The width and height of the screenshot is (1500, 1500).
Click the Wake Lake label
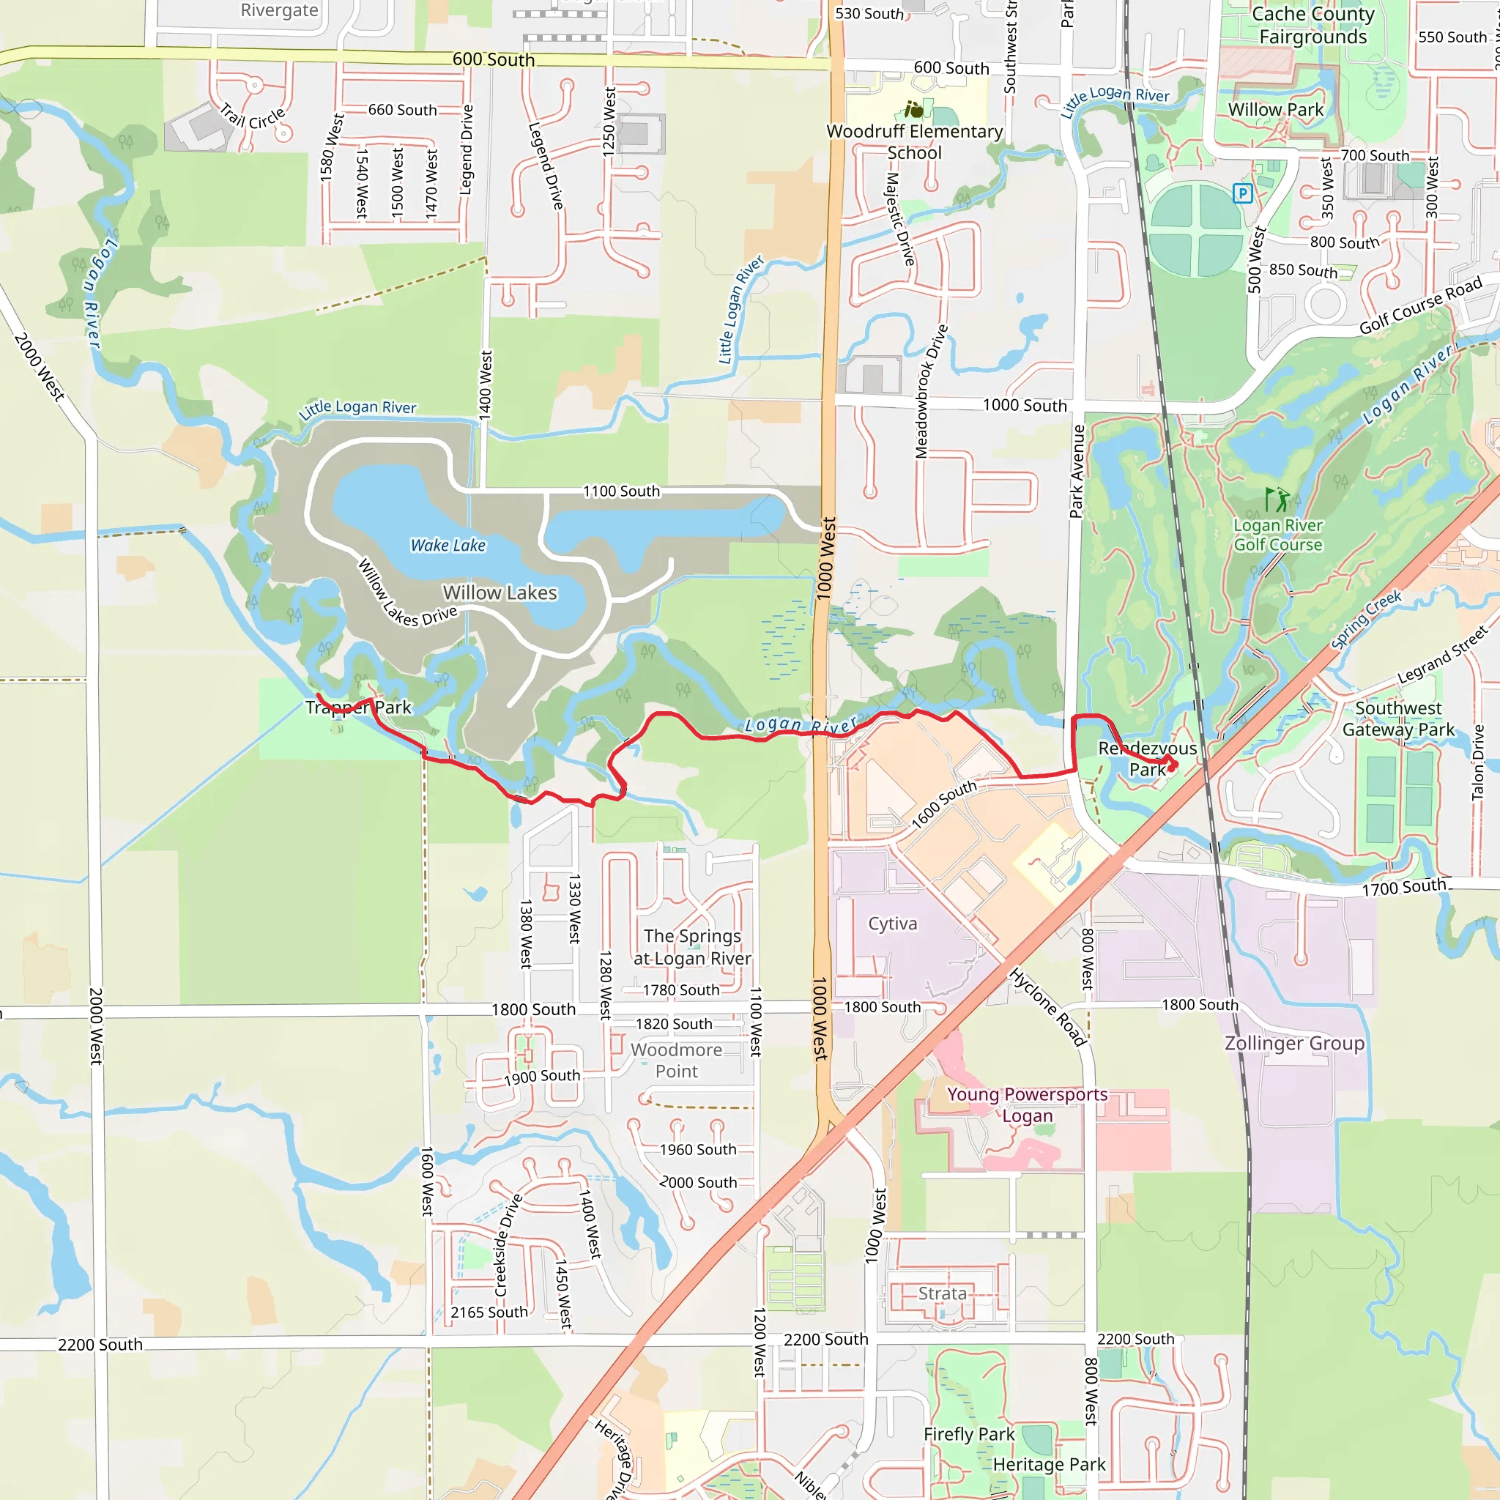click(448, 545)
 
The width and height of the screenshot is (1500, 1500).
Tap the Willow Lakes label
click(500, 593)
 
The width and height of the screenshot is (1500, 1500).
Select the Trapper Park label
click(358, 708)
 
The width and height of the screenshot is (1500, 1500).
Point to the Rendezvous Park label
click(1147, 759)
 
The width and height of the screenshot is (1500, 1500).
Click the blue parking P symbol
click(1242, 193)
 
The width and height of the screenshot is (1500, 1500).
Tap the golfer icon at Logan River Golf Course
click(1277, 500)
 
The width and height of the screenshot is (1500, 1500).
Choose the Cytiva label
click(892, 923)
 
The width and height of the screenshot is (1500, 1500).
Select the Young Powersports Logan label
click(1026, 1104)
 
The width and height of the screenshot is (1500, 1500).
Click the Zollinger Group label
click(1294, 1043)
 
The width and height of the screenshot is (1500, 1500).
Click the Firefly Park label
click(968, 1434)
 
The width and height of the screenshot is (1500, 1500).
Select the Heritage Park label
click(1049, 1464)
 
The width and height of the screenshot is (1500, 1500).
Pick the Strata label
click(942, 1293)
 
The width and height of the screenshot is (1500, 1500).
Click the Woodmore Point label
click(676, 1061)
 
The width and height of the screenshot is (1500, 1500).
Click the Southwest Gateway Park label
click(1398, 719)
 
